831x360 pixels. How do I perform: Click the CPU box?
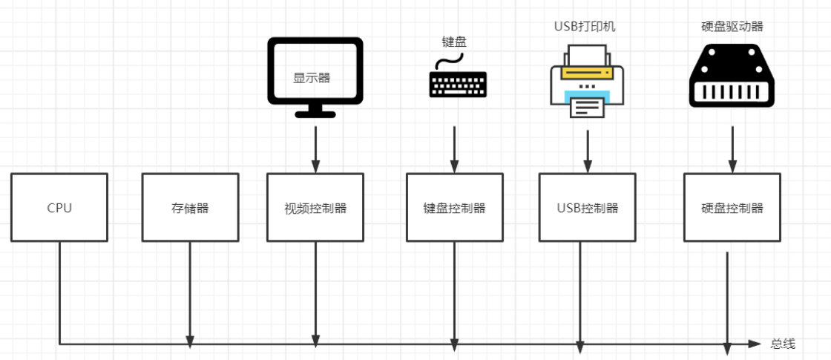(59, 207)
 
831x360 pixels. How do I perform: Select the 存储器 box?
(190, 207)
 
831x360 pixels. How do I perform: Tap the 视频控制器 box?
(315, 207)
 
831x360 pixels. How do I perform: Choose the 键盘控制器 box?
(454, 207)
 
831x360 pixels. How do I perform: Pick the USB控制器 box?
(587, 207)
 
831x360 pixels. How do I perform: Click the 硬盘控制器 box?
(732, 207)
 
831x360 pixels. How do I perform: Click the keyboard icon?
(458, 85)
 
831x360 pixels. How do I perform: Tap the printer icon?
(587, 82)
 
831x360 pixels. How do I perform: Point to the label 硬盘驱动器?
(732, 27)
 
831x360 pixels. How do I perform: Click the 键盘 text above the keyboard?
(454, 42)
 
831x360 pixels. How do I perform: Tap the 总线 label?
(782, 344)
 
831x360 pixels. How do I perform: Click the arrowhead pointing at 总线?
(755, 344)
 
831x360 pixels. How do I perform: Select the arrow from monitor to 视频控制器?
(315, 148)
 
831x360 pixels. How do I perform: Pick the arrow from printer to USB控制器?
(588, 152)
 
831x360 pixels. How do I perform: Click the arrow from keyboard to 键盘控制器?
(454, 148)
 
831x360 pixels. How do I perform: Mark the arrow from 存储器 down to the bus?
(190, 293)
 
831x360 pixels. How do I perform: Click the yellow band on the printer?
(587, 73)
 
